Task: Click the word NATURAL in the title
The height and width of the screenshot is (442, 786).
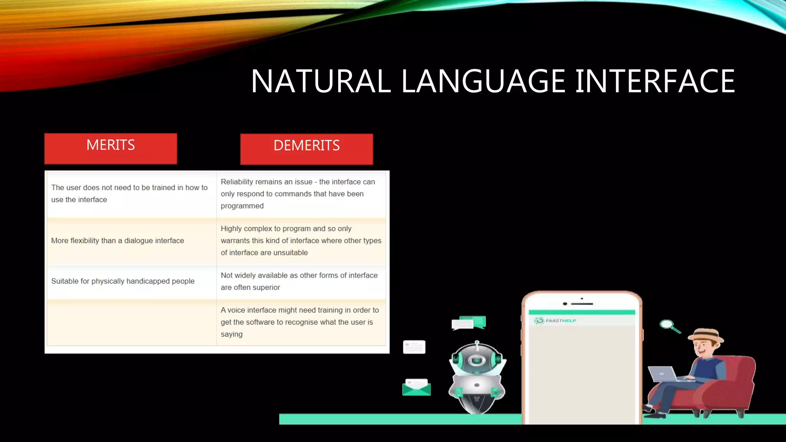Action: tap(321, 81)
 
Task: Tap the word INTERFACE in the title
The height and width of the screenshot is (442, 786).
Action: tap(655, 81)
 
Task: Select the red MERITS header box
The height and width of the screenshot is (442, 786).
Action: tap(111, 148)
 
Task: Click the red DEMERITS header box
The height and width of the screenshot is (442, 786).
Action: tap(306, 149)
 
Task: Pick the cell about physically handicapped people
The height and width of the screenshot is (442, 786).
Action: tap(123, 281)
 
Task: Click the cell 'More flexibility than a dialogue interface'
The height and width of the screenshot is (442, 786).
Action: tap(117, 241)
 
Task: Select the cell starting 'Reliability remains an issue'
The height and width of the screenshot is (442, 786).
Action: tap(297, 194)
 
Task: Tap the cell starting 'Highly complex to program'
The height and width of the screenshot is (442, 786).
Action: tap(301, 241)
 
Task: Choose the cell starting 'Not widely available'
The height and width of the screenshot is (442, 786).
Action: tap(299, 281)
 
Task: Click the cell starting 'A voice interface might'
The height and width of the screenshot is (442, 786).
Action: tap(299, 322)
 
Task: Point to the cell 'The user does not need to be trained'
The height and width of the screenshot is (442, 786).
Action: tap(129, 193)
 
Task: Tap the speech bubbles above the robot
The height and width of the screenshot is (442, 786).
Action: tap(469, 323)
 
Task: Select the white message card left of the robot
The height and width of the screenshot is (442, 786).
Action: tap(414, 347)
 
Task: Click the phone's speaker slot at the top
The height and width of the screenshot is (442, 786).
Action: tap(582, 303)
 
